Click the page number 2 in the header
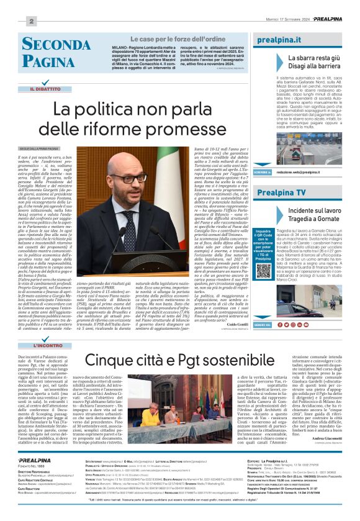30,21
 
